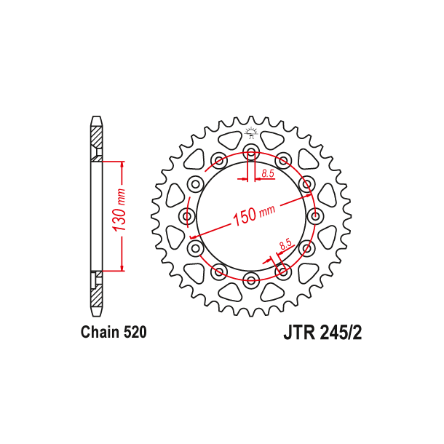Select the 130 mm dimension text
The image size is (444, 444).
121,215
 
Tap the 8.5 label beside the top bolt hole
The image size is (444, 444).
267,173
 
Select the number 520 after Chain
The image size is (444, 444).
135,333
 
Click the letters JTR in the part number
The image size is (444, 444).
298,333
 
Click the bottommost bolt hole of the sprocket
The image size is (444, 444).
251,280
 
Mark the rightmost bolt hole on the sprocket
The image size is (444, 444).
314,216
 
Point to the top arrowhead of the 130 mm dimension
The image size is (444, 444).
121,163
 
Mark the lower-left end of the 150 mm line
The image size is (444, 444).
191,237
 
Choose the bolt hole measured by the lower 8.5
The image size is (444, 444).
283,271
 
